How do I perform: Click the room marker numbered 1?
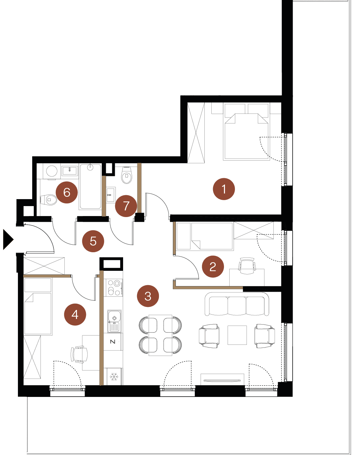point(224,189)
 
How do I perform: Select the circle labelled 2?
point(213,266)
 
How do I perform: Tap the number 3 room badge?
point(148,296)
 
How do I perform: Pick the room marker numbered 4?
point(75,314)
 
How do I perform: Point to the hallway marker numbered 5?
point(93,241)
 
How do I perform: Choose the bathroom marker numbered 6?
point(67,192)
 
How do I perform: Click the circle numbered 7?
point(126,206)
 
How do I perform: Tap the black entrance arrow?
point(8,240)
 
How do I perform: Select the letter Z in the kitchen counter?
point(113,341)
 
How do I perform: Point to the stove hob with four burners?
point(114,287)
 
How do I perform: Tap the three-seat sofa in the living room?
point(237,304)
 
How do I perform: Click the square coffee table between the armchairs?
point(237,335)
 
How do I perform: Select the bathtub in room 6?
point(90,187)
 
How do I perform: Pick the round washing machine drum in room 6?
point(52,171)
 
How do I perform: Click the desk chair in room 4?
point(79,354)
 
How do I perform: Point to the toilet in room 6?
point(48,199)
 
